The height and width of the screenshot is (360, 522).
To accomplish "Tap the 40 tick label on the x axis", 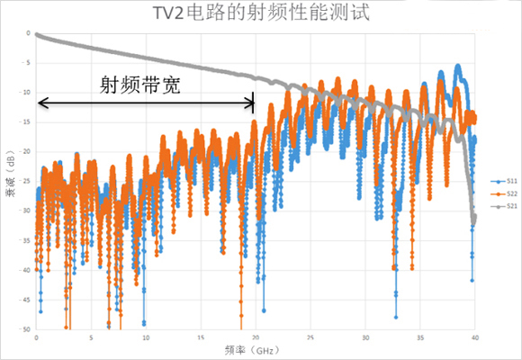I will pos(475,337).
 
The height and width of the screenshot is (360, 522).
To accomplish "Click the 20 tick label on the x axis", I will pos(256,337).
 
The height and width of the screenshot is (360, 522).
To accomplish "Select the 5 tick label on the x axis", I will pos(91,337).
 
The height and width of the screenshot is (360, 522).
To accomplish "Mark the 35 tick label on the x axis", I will pos(420,337).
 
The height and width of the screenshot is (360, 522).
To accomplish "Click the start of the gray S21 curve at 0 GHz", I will pos(37,35).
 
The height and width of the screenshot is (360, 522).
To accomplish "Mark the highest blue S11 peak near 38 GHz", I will pos(458,67).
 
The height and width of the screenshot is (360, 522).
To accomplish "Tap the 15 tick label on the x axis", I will pos(201,337).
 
